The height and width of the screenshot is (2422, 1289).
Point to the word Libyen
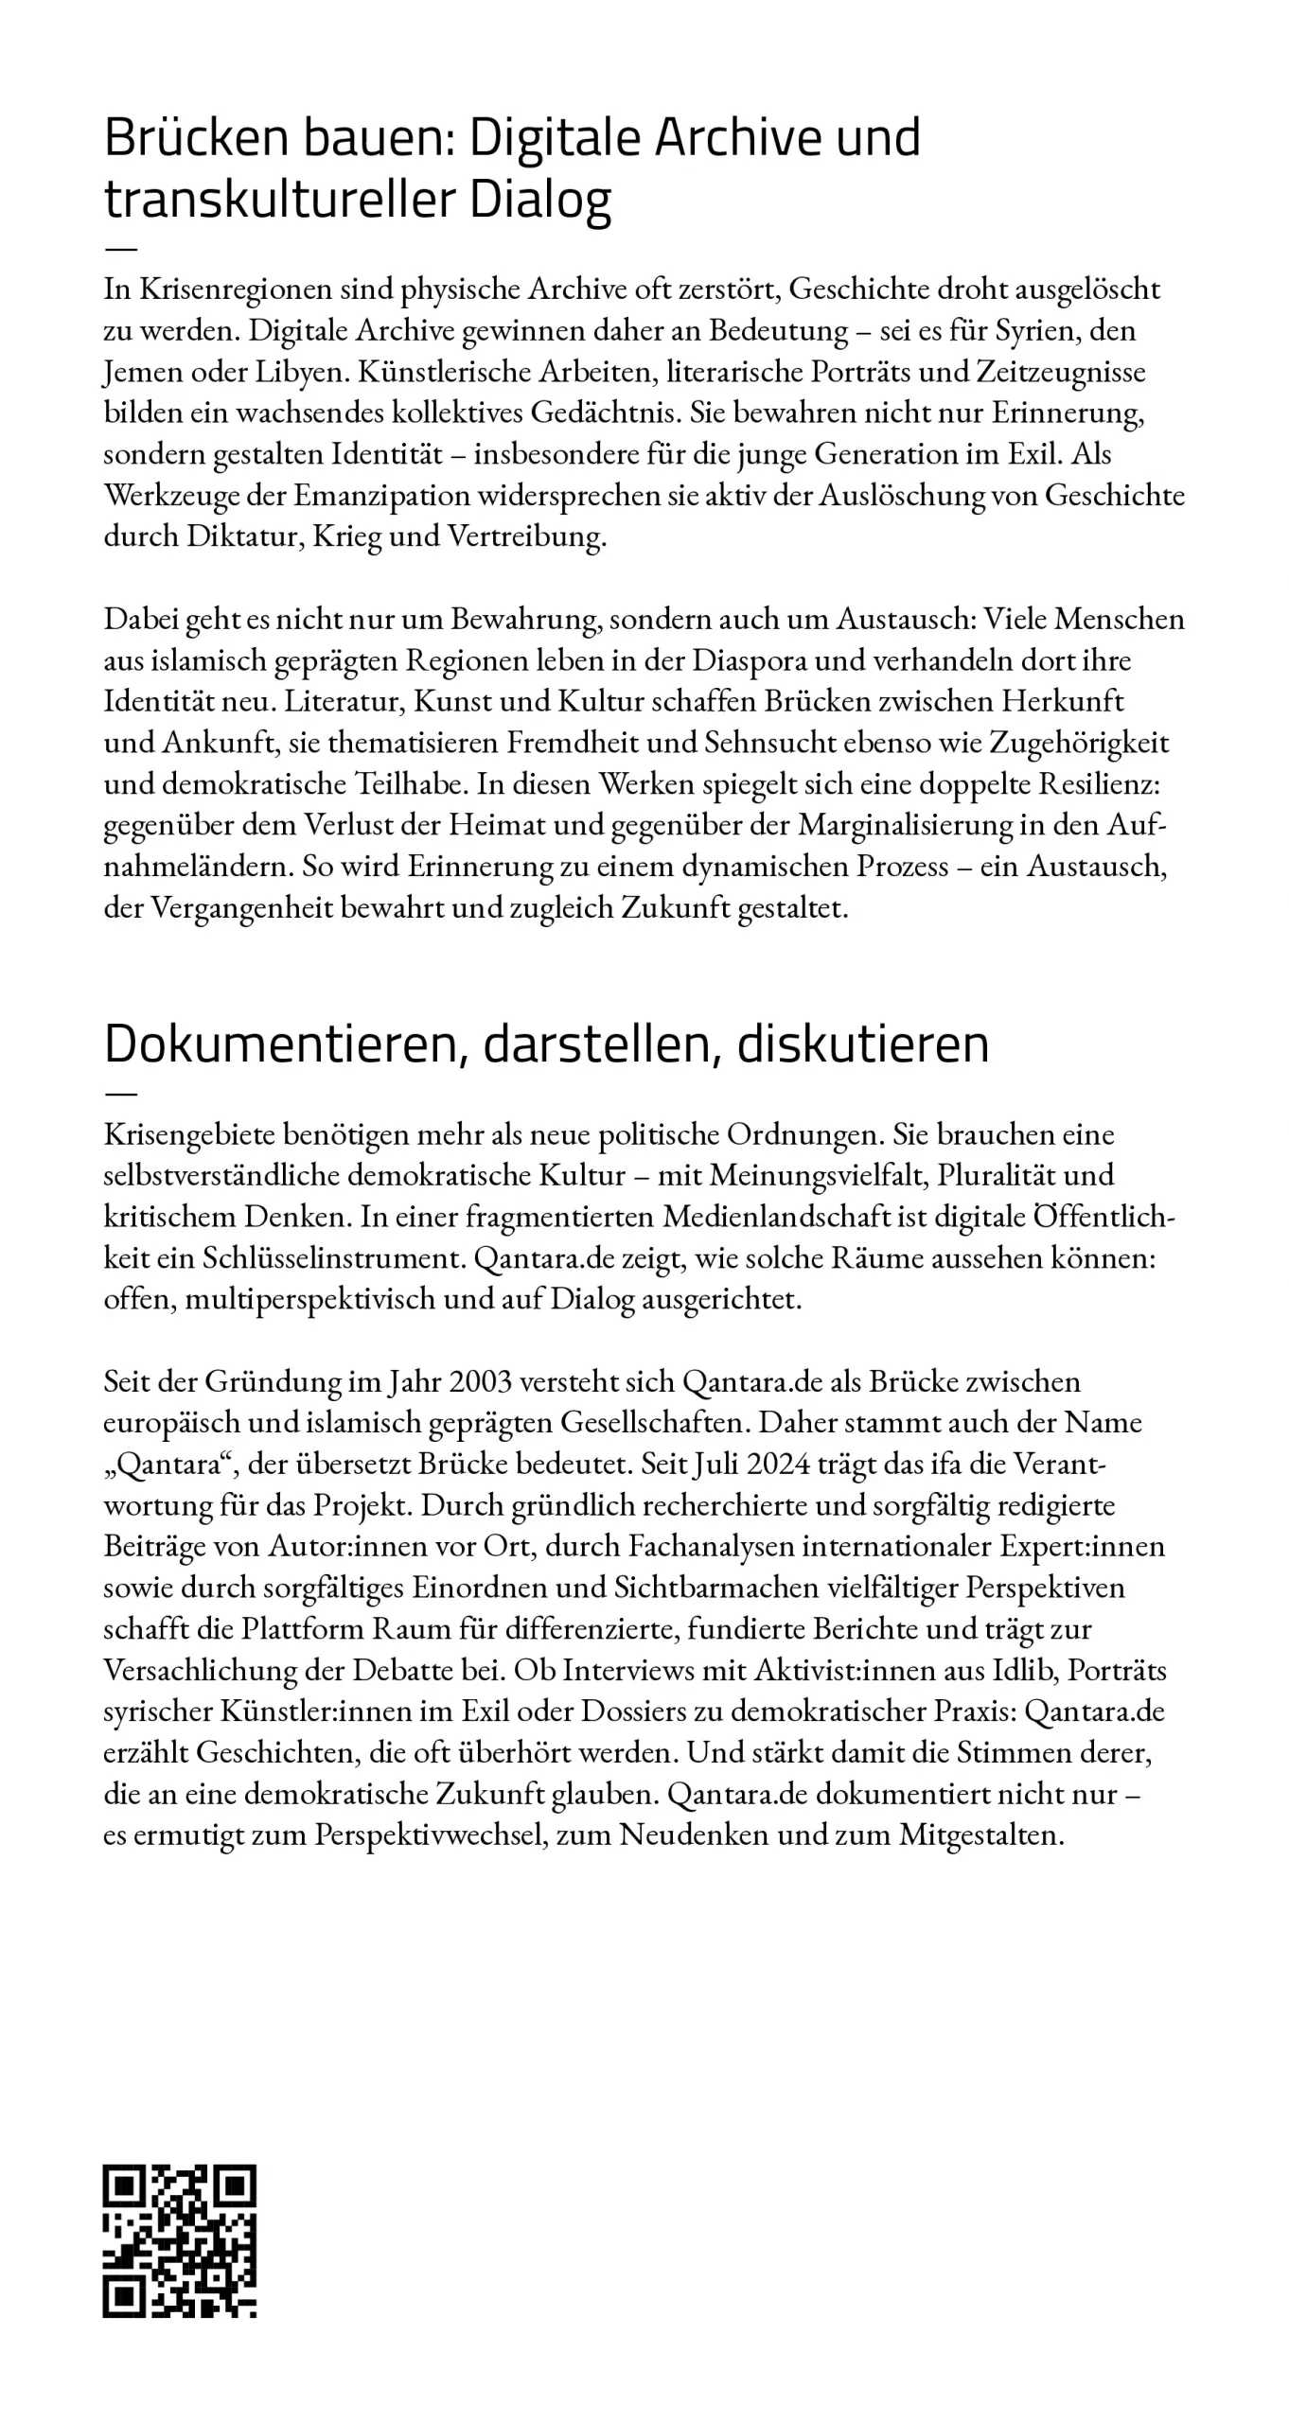[x=297, y=372]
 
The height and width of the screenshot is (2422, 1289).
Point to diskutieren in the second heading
[x=862, y=1044]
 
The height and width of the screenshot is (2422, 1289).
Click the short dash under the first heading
[x=120, y=249]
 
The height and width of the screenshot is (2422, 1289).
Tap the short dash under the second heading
[x=120, y=1094]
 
